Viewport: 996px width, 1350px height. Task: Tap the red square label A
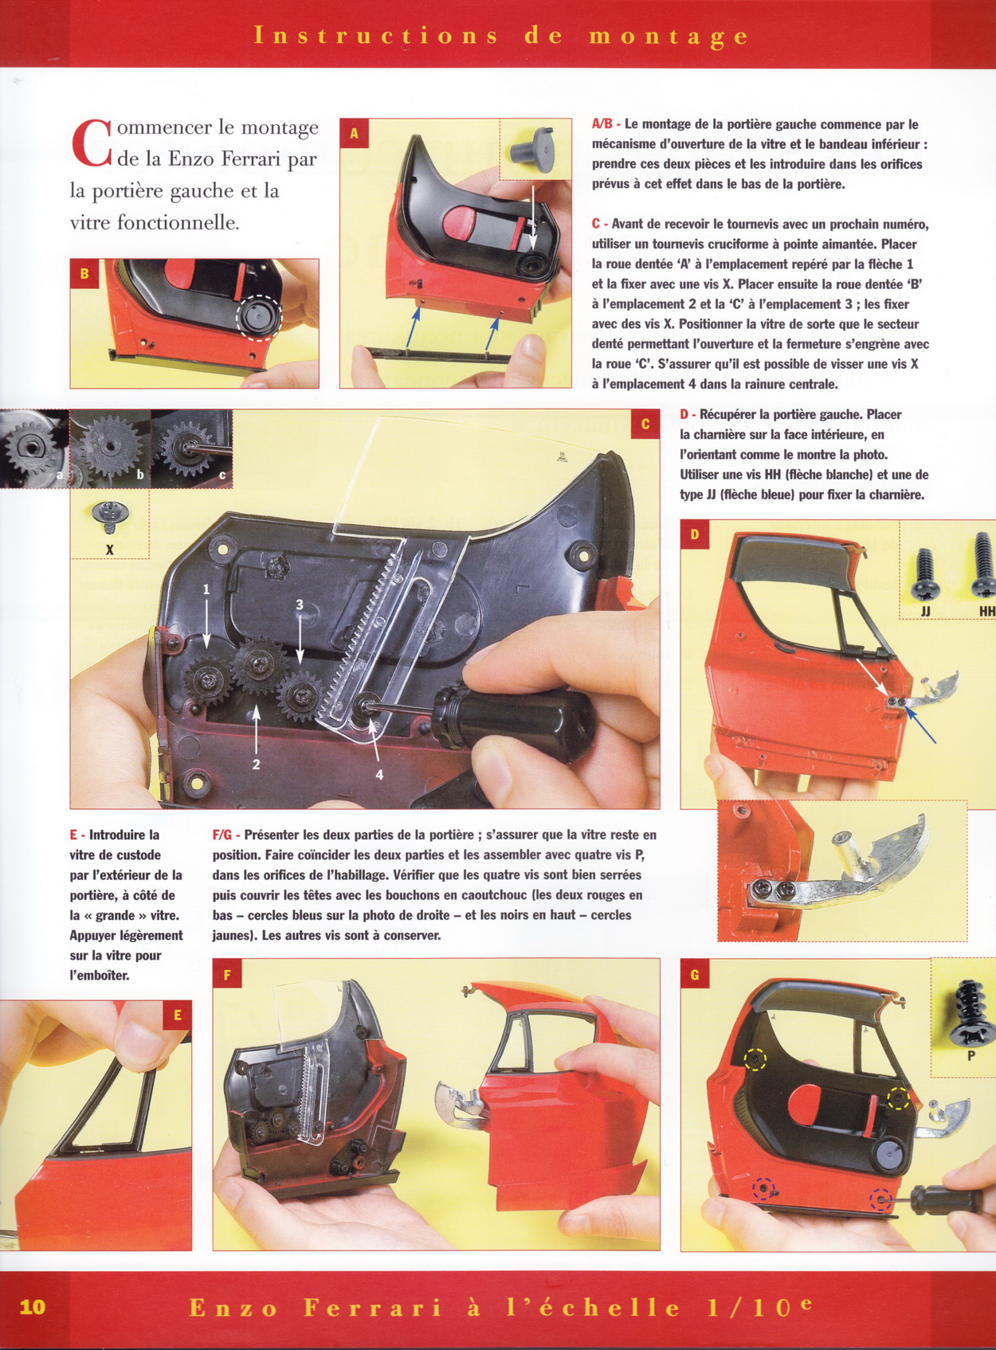pyautogui.click(x=355, y=133)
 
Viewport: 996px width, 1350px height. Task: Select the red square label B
pyautogui.click(x=84, y=274)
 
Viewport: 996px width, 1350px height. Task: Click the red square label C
pyautogui.click(x=645, y=425)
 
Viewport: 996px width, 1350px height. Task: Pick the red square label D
pyautogui.click(x=695, y=534)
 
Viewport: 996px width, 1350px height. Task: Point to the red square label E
pyautogui.click(x=177, y=1015)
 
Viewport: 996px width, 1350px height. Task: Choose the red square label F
pyautogui.click(x=227, y=973)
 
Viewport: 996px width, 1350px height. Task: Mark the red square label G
pyautogui.click(x=695, y=973)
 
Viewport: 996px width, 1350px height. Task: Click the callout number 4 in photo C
pyautogui.click(x=379, y=775)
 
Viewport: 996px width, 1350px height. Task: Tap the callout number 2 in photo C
pyautogui.click(x=257, y=765)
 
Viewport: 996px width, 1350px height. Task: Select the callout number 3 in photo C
pyautogui.click(x=300, y=604)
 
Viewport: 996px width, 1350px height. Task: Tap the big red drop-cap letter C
pyautogui.click(x=91, y=143)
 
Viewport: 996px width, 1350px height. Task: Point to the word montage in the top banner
pyautogui.click(x=668, y=36)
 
